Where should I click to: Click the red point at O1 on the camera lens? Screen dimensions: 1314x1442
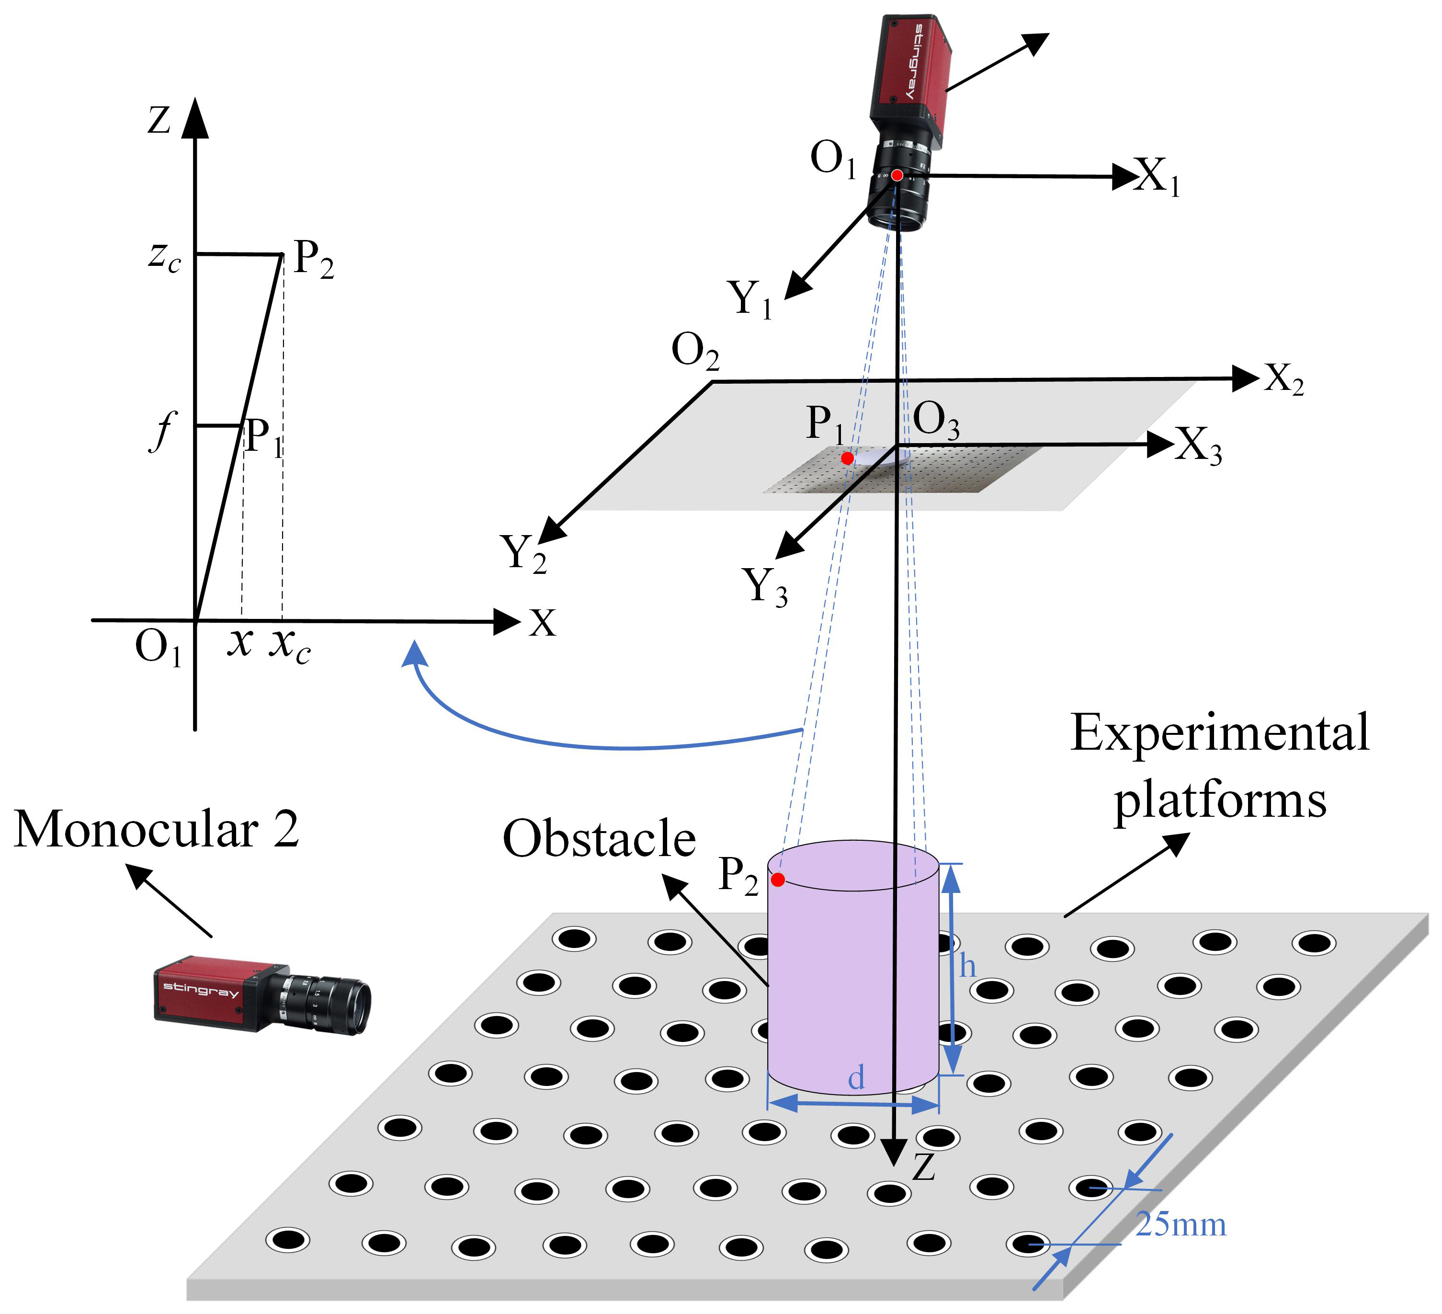(897, 175)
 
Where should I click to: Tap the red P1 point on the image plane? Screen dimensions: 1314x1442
(847, 458)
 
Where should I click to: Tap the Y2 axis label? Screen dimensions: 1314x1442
(523, 553)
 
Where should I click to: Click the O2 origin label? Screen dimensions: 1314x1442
(694, 352)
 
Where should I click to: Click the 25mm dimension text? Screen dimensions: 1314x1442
(1181, 1224)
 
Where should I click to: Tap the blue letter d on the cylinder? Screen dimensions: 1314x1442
(856, 1077)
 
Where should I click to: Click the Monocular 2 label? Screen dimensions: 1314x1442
(156, 830)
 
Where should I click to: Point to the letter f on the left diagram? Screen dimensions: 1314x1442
(163, 431)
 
